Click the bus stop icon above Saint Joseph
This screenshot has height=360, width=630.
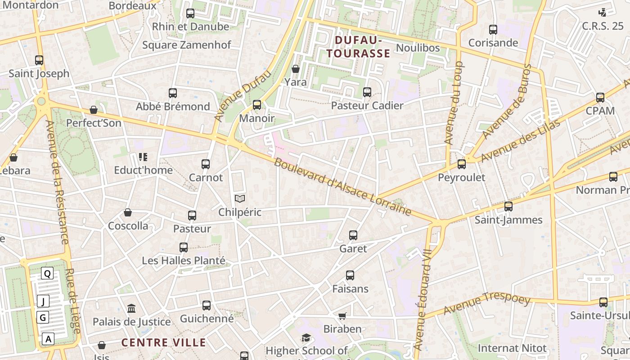click(x=39, y=60)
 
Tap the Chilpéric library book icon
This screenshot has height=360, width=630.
click(x=240, y=199)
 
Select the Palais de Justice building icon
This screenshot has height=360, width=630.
click(x=131, y=309)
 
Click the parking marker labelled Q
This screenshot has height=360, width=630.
click(x=47, y=273)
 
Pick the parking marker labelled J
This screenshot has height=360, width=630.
click(x=43, y=301)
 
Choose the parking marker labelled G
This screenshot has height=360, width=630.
click(x=43, y=318)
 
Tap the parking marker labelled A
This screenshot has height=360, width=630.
click(x=48, y=339)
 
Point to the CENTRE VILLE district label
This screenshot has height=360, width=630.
click(x=164, y=342)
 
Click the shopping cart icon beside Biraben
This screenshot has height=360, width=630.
click(x=342, y=316)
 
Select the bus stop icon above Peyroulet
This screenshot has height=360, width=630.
click(x=461, y=164)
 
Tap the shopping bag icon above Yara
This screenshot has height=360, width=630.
click(x=296, y=69)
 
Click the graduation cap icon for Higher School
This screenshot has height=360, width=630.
click(x=306, y=337)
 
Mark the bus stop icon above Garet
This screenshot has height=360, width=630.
click(x=353, y=235)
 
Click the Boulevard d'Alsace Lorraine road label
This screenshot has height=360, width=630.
click(x=342, y=187)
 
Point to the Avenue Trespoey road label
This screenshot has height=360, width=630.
click(x=487, y=303)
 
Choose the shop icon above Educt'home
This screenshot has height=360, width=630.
click(x=143, y=157)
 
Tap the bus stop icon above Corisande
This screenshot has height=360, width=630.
click(x=493, y=30)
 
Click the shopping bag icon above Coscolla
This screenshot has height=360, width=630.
click(x=128, y=212)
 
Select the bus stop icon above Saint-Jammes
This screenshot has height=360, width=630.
click(x=508, y=207)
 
